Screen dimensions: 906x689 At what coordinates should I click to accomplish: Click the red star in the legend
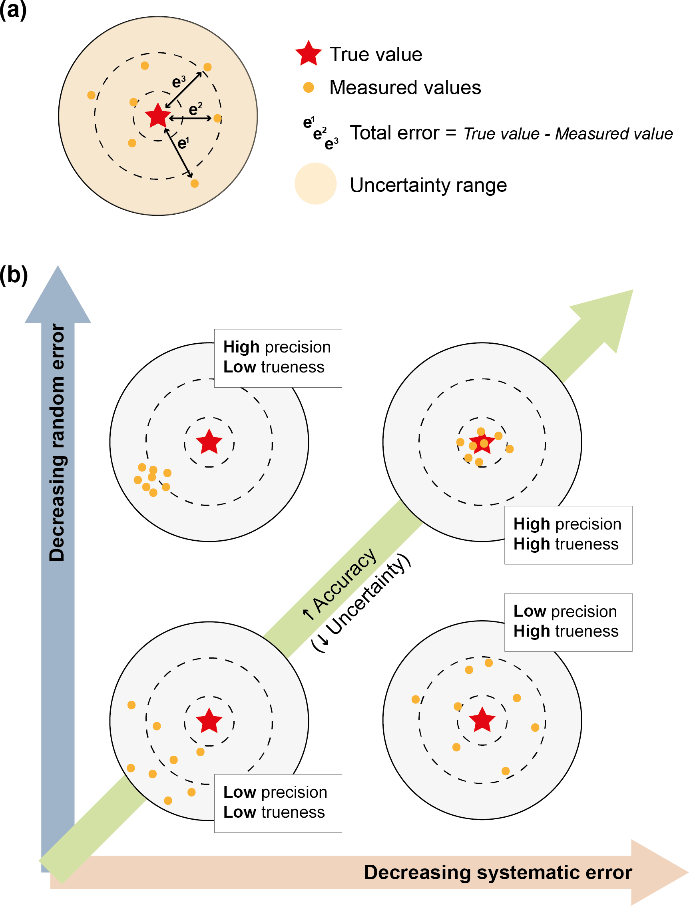[309, 54]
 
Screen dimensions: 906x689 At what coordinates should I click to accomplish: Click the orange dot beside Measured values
[309, 88]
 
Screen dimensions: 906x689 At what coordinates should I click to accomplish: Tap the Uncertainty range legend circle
[315, 184]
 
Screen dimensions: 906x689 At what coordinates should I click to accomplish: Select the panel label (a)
[13, 10]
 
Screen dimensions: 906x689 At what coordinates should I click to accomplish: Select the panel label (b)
[14, 275]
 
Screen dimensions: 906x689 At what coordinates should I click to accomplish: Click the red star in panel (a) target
[158, 115]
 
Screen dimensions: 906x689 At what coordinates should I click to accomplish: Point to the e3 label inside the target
[178, 82]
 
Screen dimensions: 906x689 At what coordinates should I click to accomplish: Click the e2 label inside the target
[195, 109]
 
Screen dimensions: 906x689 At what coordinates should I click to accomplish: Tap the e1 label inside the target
[183, 143]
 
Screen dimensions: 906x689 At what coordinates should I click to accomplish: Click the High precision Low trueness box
[278, 358]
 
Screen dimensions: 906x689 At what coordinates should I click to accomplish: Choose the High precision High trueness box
[568, 535]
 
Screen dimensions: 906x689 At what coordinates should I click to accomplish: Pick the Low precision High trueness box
[568, 622]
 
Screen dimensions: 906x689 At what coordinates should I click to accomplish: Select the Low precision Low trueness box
[278, 802]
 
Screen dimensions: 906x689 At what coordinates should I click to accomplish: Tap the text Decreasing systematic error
[498, 872]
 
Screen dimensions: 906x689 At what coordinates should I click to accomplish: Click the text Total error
[394, 133]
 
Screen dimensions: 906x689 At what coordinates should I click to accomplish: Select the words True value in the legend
[376, 54]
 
